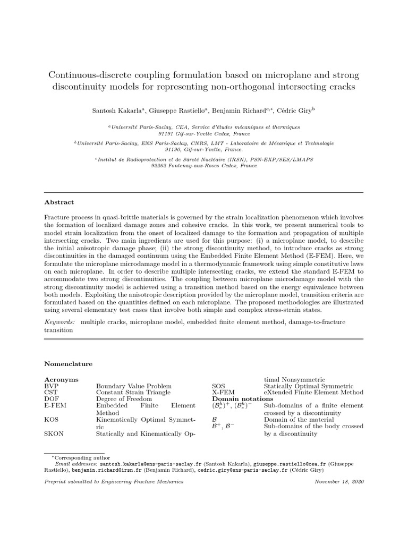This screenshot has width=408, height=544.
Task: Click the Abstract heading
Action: tap(59, 202)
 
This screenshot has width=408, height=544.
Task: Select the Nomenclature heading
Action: tap(68, 364)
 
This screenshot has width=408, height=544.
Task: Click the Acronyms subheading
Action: tap(61, 379)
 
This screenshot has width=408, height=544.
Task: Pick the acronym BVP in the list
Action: tap(52, 386)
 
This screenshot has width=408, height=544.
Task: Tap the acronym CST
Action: tap(51, 393)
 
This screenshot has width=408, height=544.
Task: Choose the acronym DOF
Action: tap(52, 399)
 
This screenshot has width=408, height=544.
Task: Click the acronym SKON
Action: tap(54, 433)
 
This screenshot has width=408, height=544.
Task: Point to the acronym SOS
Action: tap(218, 386)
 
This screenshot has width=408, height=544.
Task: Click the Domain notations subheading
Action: tap(243, 399)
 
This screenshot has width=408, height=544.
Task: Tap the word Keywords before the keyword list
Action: tap(59, 322)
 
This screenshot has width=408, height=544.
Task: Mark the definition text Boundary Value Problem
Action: tap(133, 386)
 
